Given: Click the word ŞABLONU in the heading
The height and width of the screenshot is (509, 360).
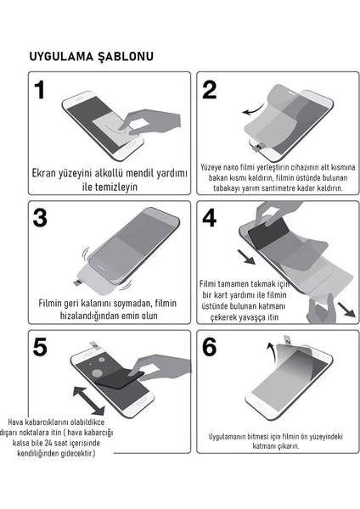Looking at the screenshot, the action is click(x=126, y=57).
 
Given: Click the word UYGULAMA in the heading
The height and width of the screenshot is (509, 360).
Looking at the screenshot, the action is click(x=61, y=57).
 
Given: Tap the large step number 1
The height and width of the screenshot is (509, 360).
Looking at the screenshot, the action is click(x=40, y=90).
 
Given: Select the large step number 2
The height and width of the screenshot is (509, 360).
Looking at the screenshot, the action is click(x=209, y=90).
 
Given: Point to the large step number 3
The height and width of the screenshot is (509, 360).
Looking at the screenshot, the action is click(x=40, y=218).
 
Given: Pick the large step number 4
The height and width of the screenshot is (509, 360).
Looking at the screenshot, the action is click(x=210, y=218).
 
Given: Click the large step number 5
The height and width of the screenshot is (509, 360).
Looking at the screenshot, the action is click(x=40, y=347).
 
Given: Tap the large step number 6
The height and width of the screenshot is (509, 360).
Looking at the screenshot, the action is click(x=210, y=347).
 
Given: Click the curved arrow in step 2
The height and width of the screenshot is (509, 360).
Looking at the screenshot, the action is click(x=253, y=110).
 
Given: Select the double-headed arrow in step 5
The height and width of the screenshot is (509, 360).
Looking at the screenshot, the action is click(x=88, y=400).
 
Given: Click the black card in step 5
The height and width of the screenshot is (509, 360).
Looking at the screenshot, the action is click(x=119, y=378).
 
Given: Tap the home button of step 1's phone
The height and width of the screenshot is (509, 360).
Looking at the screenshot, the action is click(x=131, y=145).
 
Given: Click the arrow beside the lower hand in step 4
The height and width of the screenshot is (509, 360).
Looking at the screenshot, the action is click(x=346, y=310).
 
